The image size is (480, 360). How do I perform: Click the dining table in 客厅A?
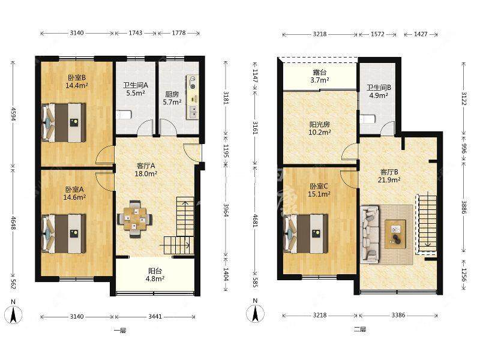[x=134, y=219]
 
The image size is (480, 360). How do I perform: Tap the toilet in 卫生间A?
[x=124, y=115]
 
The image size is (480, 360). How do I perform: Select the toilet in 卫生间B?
[x=367, y=119]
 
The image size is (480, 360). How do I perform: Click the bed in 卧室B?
[x=64, y=122]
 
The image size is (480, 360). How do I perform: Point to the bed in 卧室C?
[x=306, y=233]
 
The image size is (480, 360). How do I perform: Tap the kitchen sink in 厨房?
[x=193, y=112]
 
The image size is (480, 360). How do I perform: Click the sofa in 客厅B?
[x=370, y=234]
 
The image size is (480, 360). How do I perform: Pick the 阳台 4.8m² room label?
[x=156, y=275]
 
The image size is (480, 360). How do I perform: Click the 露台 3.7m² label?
[x=320, y=76]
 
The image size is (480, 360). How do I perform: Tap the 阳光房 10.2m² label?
[x=320, y=128]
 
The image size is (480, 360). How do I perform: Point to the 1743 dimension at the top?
[x=136, y=33]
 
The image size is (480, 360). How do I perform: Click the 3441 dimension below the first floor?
[x=155, y=317]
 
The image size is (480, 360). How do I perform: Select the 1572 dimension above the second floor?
[x=377, y=34]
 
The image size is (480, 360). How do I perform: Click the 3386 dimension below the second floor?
[x=398, y=314]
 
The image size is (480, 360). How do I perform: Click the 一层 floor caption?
[x=120, y=331]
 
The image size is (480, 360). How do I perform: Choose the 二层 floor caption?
[x=359, y=329]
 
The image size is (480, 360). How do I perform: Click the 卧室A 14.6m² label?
[x=74, y=193]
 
